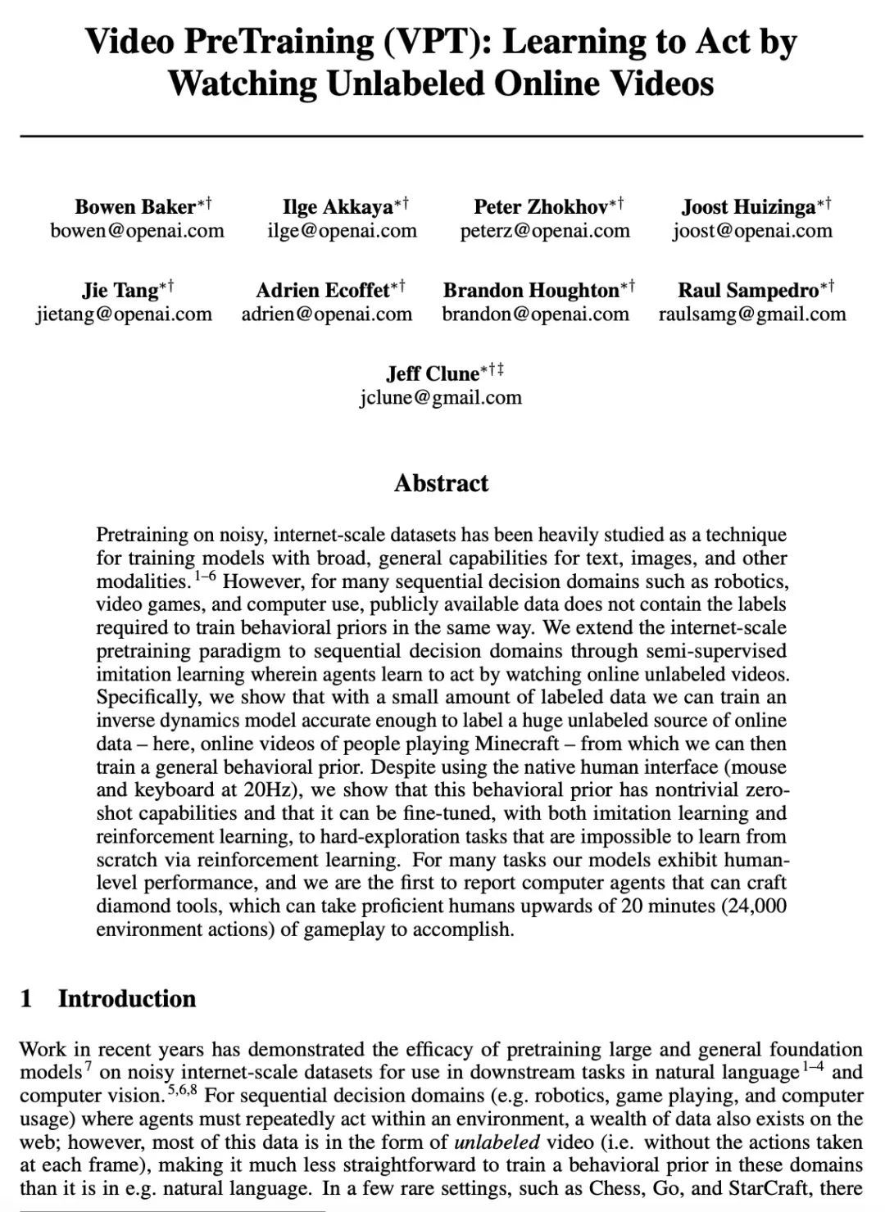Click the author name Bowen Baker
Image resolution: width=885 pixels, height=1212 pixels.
(135, 206)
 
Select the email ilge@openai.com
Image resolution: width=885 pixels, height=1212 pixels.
(342, 231)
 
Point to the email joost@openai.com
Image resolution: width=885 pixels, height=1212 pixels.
(752, 231)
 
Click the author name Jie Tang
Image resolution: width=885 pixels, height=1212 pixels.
(120, 290)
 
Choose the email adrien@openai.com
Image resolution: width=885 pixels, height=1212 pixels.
(327, 314)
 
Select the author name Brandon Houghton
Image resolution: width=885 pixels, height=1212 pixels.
(531, 290)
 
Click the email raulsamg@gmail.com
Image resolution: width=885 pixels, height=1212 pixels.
(752, 314)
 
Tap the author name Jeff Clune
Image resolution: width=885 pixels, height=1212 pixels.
(433, 373)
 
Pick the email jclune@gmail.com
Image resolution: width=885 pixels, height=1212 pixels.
(440, 397)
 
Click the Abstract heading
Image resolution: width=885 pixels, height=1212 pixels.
(441, 483)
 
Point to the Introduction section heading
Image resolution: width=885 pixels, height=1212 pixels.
(127, 998)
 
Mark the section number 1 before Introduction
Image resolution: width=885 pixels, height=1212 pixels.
(26, 998)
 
